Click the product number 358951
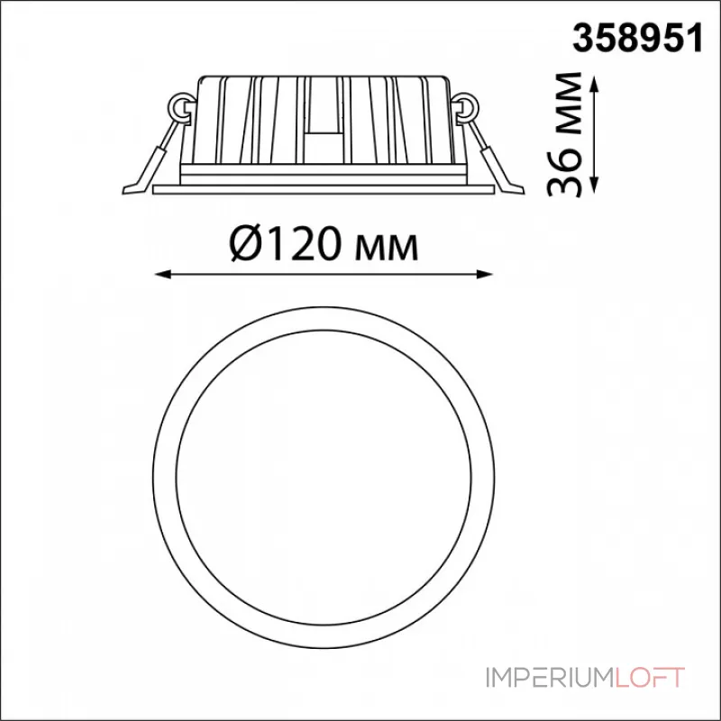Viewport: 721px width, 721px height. click(x=637, y=38)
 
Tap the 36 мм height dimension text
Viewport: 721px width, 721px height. click(x=564, y=134)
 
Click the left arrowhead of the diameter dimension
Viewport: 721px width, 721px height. click(x=163, y=275)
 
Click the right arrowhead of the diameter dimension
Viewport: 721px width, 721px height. click(x=485, y=275)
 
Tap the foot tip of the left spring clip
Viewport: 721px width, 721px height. click(x=125, y=190)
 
